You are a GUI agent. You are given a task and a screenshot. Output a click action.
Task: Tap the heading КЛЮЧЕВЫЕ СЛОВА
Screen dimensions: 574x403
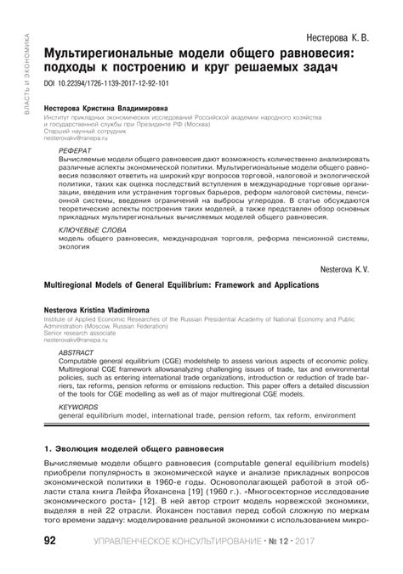coord(91,230)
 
